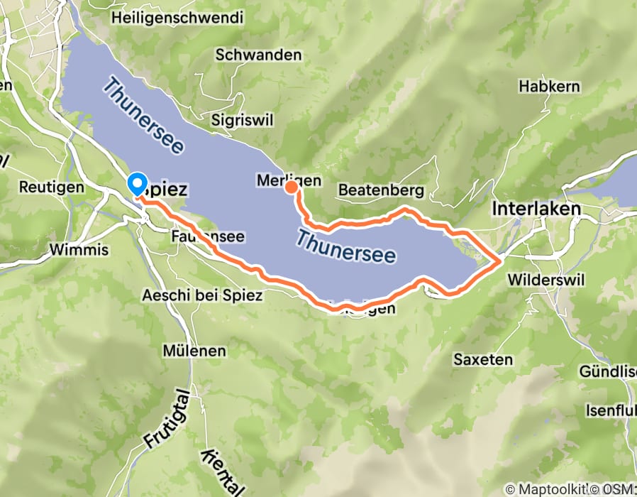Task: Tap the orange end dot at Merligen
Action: coord(291,187)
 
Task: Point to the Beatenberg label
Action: coord(381,190)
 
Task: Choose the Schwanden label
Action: coord(258,55)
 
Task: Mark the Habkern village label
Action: coord(549,87)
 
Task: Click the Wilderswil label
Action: coord(544,280)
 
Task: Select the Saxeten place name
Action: coord(483,359)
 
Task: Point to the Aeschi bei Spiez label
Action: coord(202,295)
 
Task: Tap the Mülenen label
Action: coord(194,351)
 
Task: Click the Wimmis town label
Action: coord(79,250)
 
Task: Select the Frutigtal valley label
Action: coord(167,419)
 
